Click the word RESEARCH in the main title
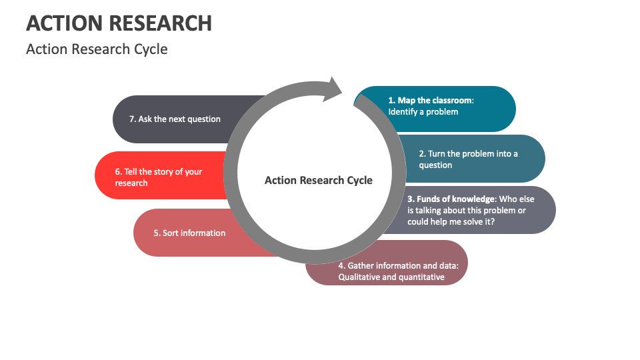tap(162, 23)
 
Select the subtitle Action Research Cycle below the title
tap(97, 49)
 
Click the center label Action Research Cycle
tap(318, 180)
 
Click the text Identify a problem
tap(423, 112)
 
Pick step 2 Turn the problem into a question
tap(468, 159)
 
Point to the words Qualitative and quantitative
tap(391, 277)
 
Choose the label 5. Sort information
tap(189, 233)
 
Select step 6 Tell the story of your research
tap(159, 177)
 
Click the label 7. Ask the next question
tap(175, 119)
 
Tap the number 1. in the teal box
tap(392, 101)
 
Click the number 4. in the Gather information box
tap(341, 265)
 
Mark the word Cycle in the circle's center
tap(359, 180)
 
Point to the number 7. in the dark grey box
tap(133, 119)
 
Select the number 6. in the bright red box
tap(119, 171)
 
